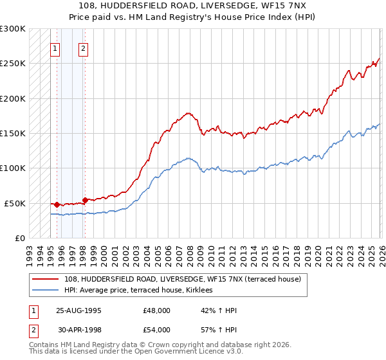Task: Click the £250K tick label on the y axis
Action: point(13,64)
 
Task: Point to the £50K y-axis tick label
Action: point(15,203)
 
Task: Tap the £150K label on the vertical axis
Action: point(13,134)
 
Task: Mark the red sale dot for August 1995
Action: point(57,204)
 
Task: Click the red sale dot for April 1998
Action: point(85,200)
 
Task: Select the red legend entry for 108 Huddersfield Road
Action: point(187,279)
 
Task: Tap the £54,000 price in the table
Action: point(157,330)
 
